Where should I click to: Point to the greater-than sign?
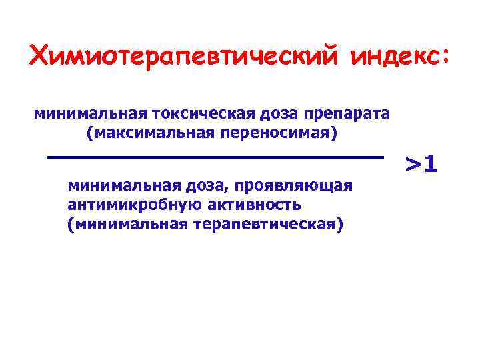pos(415,163)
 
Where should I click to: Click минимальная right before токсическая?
pos(88,114)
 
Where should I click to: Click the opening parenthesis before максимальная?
pos(89,133)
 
